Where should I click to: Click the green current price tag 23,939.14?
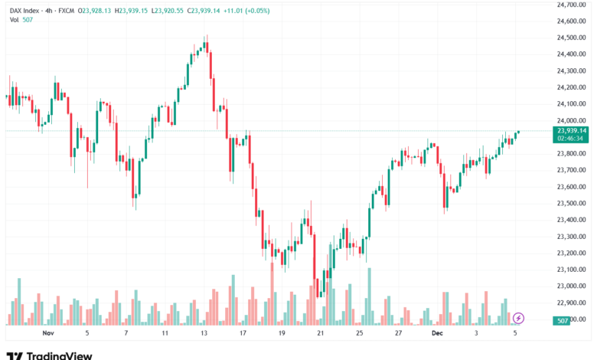click(572, 131)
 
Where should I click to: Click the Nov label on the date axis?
click(48, 333)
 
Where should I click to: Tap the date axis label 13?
click(204, 333)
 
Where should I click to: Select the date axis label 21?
click(321, 333)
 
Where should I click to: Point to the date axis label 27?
click(399, 333)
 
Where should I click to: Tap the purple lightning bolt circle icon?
click(519, 317)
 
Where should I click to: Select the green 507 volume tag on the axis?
click(563, 319)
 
